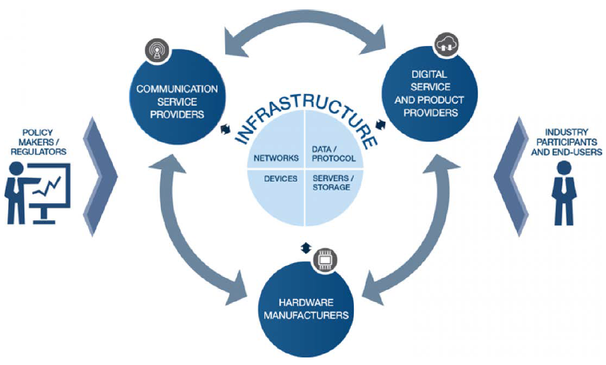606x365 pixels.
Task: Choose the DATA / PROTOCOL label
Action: coord(334,154)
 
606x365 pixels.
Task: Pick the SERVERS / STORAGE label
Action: coord(333,182)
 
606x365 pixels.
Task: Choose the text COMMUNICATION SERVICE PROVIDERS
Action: coord(177,102)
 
